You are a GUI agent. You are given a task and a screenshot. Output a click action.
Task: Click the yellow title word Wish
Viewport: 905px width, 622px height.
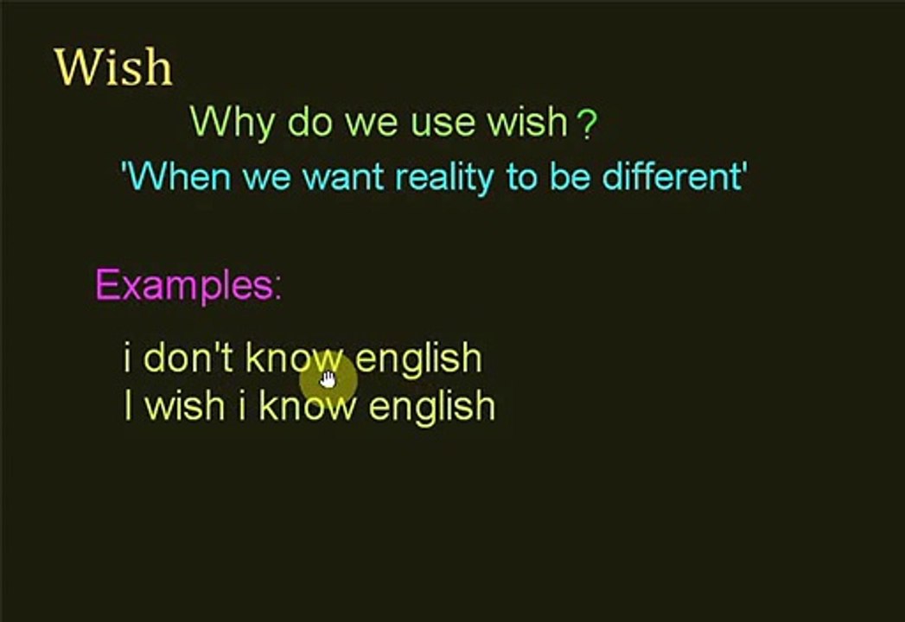coord(113,67)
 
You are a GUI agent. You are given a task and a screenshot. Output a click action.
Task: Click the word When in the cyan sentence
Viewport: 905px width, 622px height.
coord(180,177)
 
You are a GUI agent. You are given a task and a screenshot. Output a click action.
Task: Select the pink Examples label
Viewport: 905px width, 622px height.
coord(188,285)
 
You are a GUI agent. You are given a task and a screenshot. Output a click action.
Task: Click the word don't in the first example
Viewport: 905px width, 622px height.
coord(188,358)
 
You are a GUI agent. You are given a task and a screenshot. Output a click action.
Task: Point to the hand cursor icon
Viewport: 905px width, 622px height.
coord(328,379)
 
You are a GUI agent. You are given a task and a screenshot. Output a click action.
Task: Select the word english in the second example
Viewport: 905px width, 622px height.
coord(431,406)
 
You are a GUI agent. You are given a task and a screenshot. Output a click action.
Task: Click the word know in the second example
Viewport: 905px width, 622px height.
coord(307,405)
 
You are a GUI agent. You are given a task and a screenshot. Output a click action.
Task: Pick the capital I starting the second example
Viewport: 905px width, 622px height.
coord(129,405)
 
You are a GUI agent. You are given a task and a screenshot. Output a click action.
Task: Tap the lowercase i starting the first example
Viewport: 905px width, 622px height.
coord(128,358)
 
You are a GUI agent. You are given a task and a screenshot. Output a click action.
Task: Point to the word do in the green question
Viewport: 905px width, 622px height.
coord(310,124)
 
